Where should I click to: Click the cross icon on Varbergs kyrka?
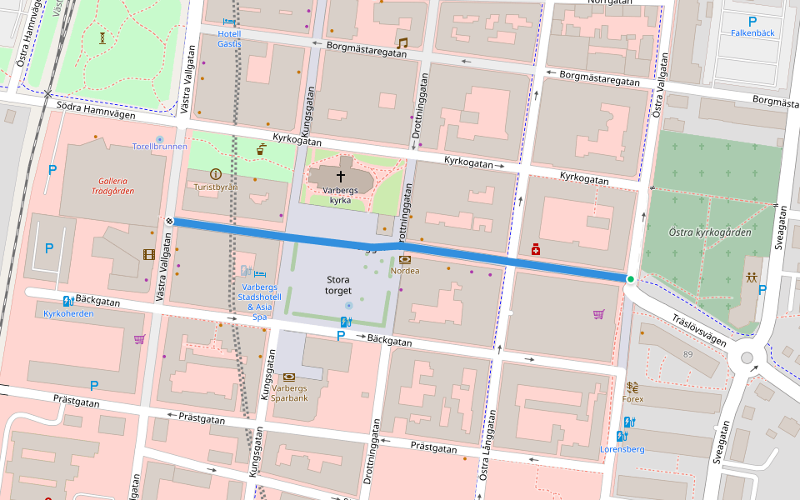(340, 177)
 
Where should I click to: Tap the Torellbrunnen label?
(159, 147)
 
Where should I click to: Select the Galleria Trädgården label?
(112, 185)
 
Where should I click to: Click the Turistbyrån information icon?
(216, 174)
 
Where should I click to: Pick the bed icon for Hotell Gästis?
(229, 22)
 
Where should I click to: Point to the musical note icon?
(402, 42)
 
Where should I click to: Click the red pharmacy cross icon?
(536, 249)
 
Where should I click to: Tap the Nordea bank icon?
(405, 259)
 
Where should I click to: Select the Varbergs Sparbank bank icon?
(289, 377)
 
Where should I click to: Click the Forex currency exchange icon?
(632, 387)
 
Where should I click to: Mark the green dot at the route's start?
(630, 279)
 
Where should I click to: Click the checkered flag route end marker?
(169, 221)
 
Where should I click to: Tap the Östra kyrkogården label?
(709, 232)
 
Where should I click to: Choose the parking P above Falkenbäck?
(752, 22)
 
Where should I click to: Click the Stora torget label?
(338, 285)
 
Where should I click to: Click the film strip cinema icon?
(148, 254)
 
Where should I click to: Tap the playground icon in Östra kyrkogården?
(752, 277)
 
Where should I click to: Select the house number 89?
(687, 355)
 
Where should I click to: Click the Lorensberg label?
(622, 449)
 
